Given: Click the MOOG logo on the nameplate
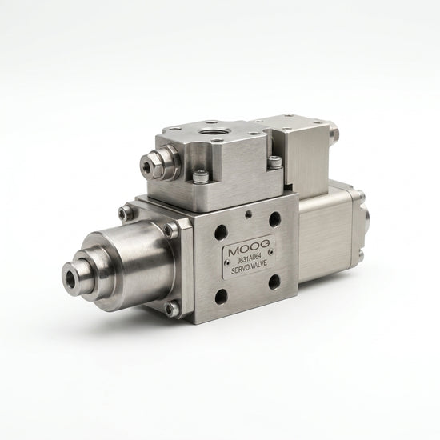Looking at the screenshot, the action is tap(249, 250).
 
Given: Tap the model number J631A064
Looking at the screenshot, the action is tap(249, 262).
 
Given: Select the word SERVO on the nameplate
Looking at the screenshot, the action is tap(240, 270).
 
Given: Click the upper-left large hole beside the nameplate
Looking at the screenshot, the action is tap(220, 231).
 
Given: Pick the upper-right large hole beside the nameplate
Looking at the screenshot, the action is tap(274, 218).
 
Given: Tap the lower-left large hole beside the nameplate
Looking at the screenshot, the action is tap(222, 296).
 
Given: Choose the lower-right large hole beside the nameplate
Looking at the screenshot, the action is tap(274, 282).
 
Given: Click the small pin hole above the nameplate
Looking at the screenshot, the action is tap(247, 215).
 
